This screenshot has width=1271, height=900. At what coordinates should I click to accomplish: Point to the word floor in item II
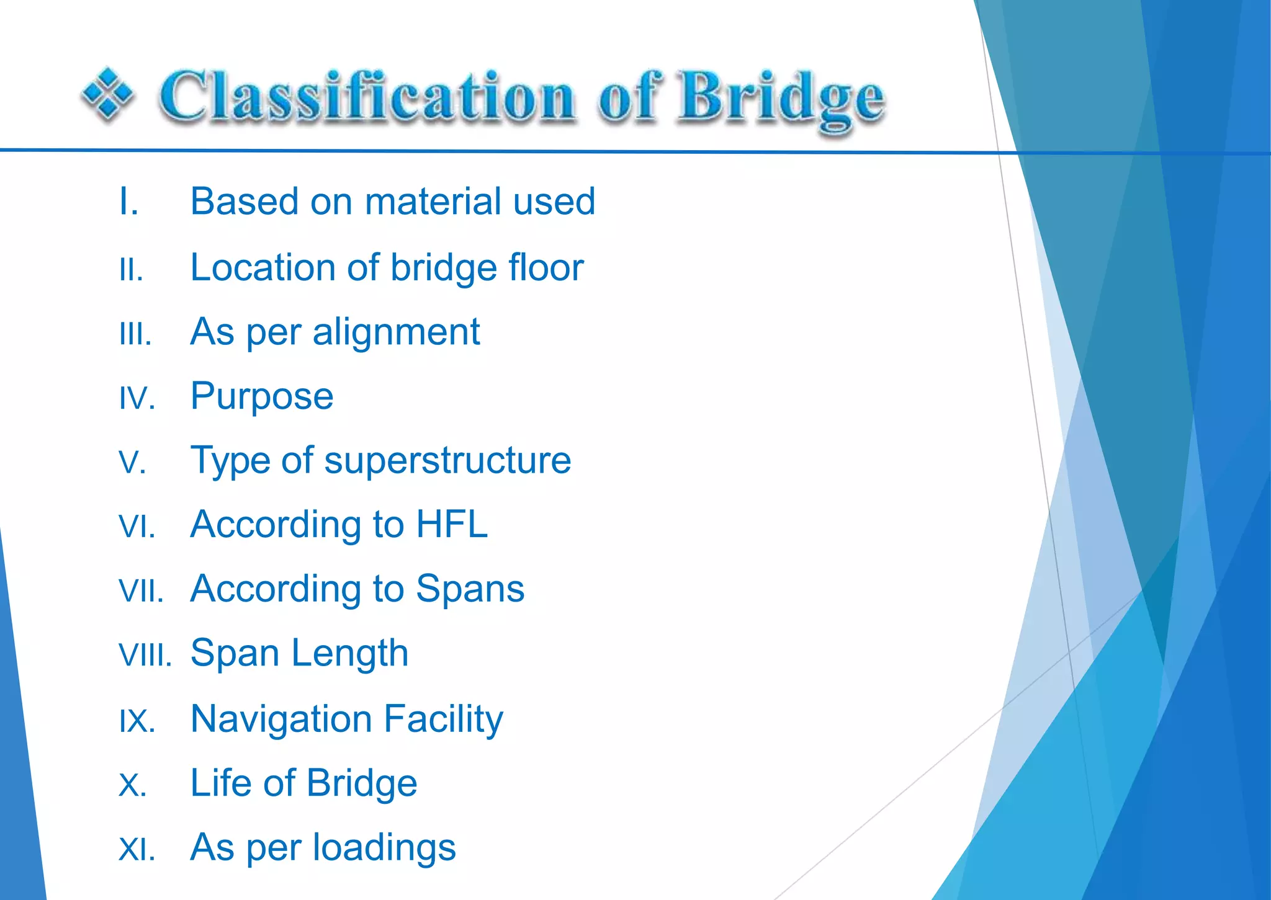click(x=546, y=267)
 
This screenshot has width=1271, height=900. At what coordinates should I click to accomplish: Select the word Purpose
click(x=262, y=396)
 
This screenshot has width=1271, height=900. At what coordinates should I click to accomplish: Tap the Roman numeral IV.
click(x=137, y=398)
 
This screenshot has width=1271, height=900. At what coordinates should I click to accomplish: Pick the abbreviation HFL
click(x=451, y=525)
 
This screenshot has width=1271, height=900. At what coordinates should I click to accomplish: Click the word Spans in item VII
click(x=470, y=589)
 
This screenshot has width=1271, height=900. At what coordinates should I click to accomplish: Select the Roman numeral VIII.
click(x=145, y=656)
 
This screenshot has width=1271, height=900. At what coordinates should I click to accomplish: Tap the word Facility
click(x=442, y=720)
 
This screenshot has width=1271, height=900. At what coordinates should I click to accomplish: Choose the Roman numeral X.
click(x=132, y=786)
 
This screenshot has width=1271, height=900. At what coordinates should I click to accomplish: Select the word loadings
click(x=384, y=848)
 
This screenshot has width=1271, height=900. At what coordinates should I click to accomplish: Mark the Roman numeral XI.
click(x=137, y=850)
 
